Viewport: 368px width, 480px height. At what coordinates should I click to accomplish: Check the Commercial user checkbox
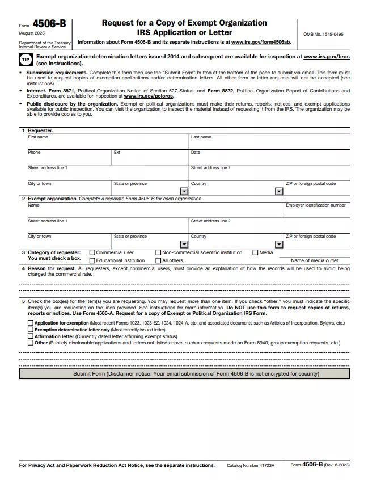92,252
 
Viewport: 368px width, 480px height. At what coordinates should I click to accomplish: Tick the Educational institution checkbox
92,260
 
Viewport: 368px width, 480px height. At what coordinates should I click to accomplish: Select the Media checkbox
255,252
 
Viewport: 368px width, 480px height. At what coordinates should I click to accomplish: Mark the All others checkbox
158,260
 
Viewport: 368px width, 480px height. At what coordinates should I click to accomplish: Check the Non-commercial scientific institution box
158,252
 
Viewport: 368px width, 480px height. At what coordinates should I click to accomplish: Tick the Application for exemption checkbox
31,323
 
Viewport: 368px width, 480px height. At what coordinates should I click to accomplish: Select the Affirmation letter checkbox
31,336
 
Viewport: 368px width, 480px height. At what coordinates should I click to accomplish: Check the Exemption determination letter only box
31,330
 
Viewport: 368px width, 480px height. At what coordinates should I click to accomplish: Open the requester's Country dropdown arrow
278,191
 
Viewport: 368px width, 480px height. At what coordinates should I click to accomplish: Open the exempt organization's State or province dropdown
184,244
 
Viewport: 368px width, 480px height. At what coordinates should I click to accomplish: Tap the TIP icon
26,60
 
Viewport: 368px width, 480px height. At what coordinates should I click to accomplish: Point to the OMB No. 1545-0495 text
323,34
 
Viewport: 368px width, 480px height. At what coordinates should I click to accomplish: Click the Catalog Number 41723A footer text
250,465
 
